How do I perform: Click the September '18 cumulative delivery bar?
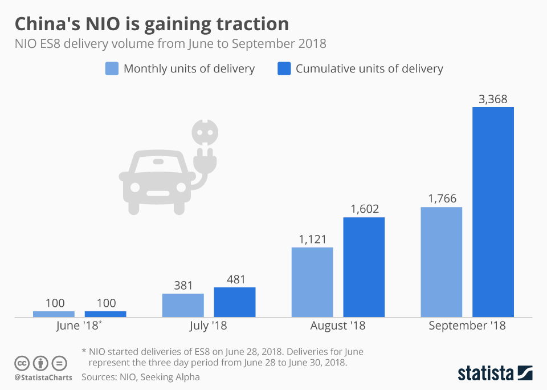[493, 212]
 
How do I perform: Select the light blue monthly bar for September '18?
[441, 262]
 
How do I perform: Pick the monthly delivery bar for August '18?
[312, 282]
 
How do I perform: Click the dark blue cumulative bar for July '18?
[234, 302]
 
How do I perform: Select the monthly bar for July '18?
[183, 305]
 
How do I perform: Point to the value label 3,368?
[493, 100]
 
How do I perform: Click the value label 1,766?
[441, 199]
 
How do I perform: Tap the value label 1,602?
[364, 209]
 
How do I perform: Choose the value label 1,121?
[312, 239]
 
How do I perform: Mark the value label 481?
[234, 280]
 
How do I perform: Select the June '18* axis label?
[79, 326]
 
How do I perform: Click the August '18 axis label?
[338, 326]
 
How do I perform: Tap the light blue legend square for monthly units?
[112, 69]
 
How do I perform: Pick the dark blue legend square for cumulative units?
[284, 69]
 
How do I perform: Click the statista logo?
[495, 373]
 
